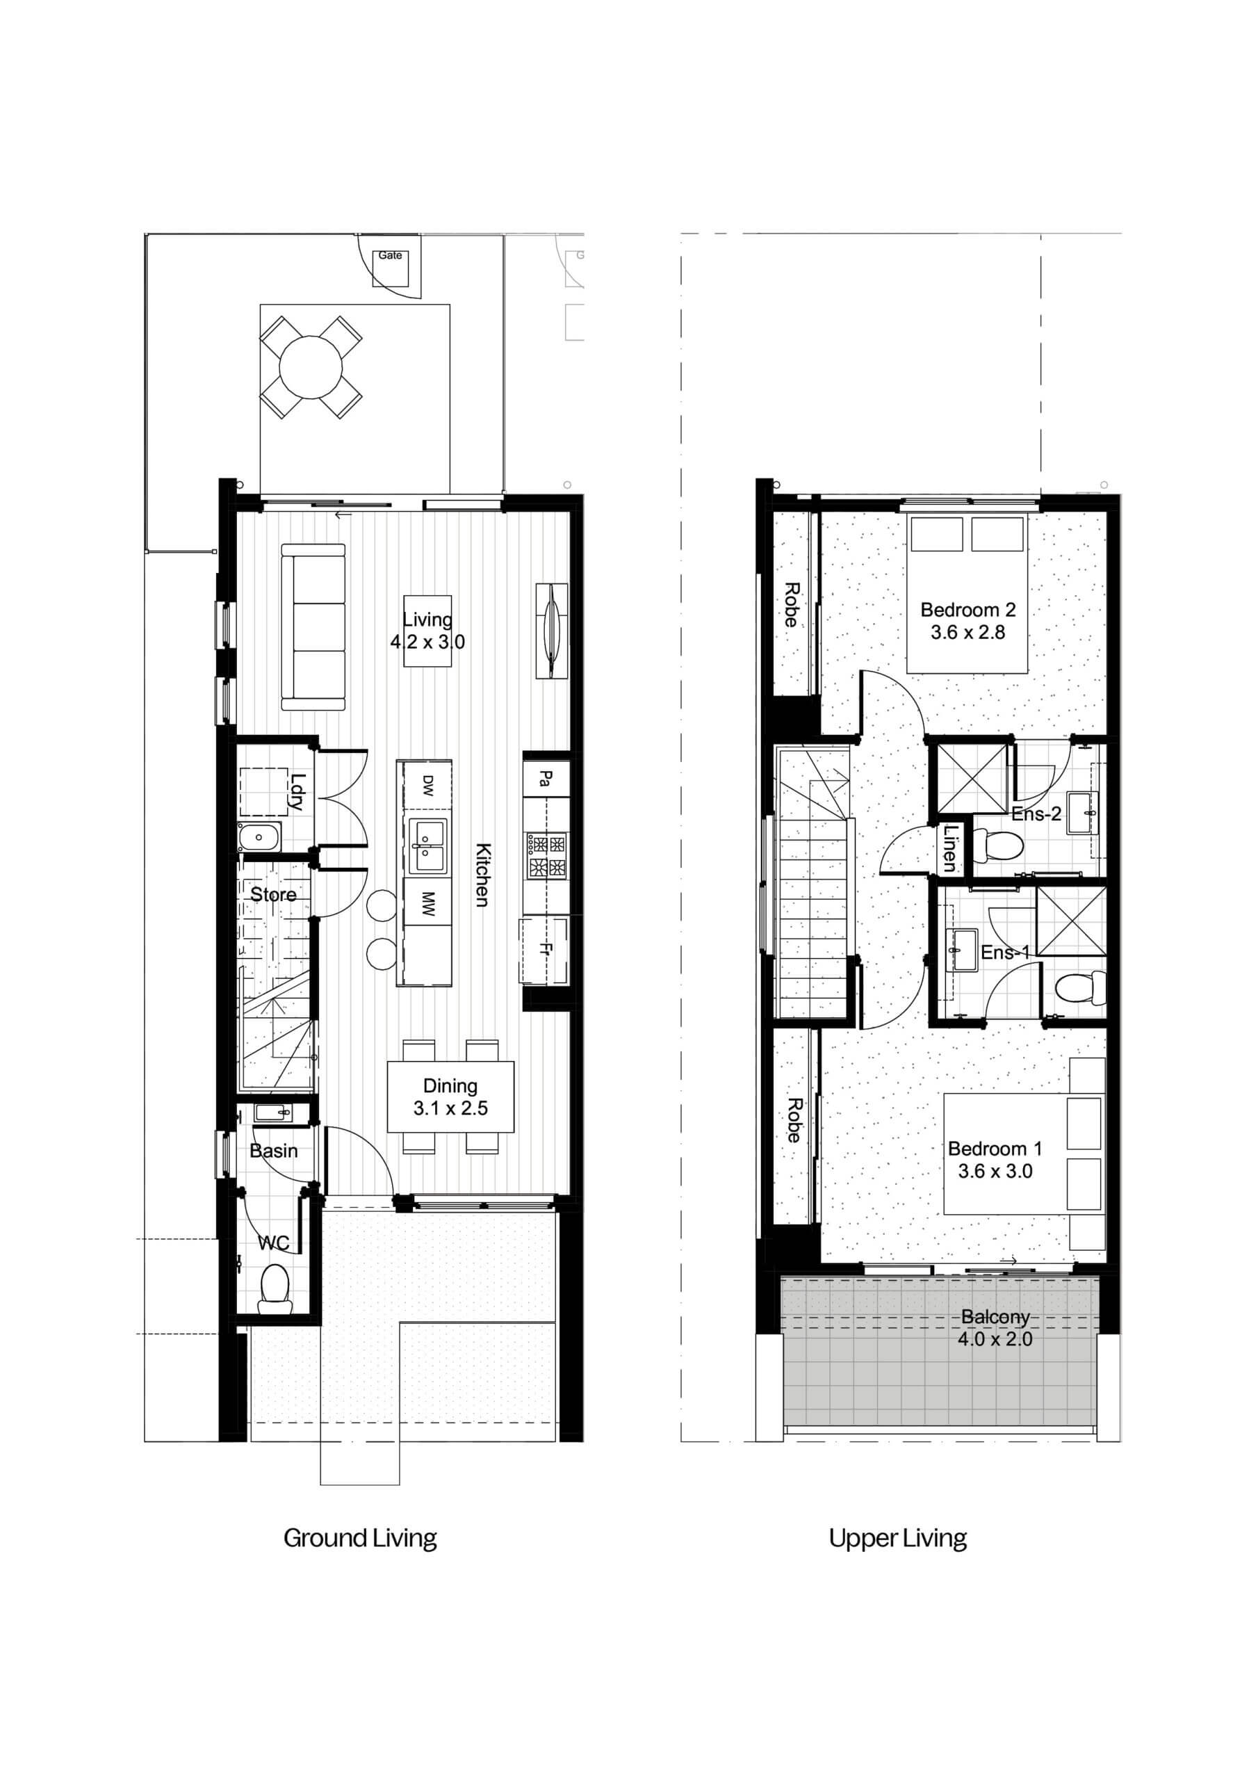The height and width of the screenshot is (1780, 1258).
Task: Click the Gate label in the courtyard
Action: click(390, 255)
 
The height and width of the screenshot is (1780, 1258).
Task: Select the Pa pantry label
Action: click(546, 777)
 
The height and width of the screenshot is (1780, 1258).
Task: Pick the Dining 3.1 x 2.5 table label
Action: click(450, 1097)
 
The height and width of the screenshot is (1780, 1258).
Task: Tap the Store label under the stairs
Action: click(273, 895)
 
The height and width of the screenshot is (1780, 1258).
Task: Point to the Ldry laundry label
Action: click(297, 793)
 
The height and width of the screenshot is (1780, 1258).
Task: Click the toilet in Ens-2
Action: click(997, 845)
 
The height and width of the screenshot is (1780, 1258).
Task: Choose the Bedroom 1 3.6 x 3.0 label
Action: click(995, 1160)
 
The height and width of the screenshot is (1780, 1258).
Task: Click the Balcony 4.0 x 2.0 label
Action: click(995, 1327)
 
